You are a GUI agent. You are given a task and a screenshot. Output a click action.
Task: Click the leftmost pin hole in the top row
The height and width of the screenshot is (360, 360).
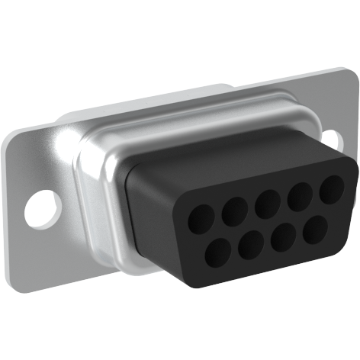[201, 220]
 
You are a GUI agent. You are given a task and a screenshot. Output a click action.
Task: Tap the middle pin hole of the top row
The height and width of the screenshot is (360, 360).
[267, 202]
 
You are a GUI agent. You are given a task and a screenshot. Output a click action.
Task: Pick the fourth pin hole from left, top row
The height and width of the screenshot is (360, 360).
[300, 194]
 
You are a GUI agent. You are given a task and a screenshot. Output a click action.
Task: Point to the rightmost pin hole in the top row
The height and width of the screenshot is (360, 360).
[330, 188]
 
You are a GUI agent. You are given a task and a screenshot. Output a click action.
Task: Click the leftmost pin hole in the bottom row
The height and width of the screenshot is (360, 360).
[220, 252]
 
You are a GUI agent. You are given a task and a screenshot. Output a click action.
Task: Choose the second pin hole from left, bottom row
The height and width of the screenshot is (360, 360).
[252, 244]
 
